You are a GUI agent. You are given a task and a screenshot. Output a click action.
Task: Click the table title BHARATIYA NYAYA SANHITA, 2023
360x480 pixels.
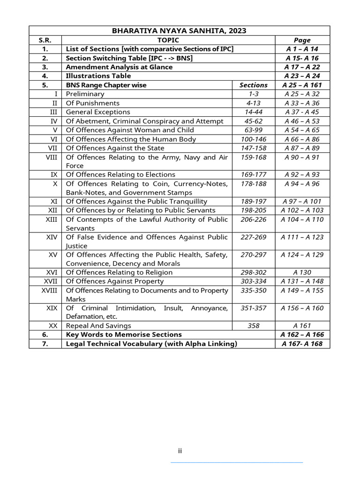click(x=179, y=31)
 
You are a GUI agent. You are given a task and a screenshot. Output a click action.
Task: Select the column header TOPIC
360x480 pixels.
click(x=168, y=40)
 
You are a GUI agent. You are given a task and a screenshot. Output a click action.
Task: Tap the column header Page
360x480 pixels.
click(x=302, y=40)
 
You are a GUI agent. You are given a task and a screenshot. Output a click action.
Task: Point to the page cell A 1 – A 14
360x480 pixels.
click(x=302, y=49)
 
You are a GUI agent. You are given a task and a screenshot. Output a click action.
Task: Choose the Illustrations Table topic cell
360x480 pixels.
click(x=98, y=76)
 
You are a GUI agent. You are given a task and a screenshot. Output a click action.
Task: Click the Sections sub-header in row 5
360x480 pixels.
click(x=253, y=85)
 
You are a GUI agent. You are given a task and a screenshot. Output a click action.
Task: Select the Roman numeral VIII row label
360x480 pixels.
click(x=51, y=157)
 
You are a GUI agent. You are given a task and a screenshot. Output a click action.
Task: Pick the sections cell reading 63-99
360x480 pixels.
click(x=253, y=130)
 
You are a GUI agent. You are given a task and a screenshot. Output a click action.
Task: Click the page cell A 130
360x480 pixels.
click(x=302, y=272)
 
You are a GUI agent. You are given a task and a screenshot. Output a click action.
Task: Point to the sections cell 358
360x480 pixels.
click(x=253, y=326)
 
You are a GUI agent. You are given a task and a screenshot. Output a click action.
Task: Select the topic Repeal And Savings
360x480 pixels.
click(x=98, y=326)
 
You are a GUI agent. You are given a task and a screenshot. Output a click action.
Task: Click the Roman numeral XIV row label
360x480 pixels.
click(x=52, y=237)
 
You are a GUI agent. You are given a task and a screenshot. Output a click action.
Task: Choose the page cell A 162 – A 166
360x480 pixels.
click(x=302, y=335)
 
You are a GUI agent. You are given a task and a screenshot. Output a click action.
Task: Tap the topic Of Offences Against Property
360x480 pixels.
click(x=115, y=281)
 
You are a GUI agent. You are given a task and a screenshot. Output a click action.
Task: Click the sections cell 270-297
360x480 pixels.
click(x=253, y=255)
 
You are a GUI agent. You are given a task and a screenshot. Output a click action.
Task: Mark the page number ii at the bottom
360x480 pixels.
click(x=180, y=451)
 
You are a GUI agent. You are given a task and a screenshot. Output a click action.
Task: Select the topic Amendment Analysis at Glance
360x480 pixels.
click(x=119, y=67)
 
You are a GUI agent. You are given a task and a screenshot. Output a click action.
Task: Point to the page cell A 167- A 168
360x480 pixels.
click(x=302, y=344)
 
